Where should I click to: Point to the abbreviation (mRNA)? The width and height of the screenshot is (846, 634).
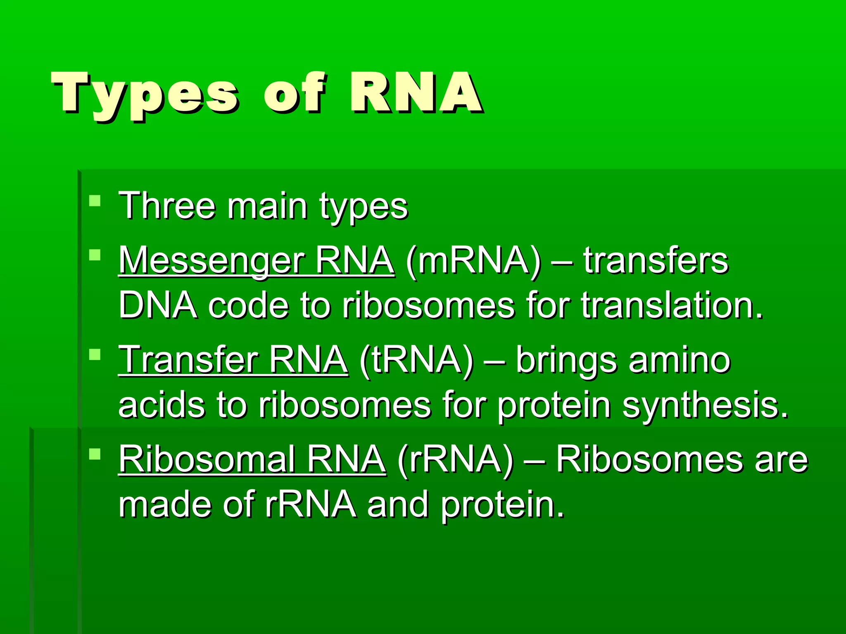473,261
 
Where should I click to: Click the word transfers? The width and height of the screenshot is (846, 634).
656,261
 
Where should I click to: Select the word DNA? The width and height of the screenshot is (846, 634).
157,305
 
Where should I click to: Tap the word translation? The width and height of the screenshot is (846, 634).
672,305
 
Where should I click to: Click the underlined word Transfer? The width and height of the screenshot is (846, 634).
188,360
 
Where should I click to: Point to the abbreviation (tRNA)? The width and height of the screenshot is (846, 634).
416,360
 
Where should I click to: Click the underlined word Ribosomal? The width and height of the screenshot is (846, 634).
207,459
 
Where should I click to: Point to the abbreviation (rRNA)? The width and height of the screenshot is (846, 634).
455,459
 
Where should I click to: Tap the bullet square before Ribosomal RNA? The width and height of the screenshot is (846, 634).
95,454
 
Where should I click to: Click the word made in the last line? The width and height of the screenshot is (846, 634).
165,504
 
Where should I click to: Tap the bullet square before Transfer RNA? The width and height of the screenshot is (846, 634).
95,355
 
